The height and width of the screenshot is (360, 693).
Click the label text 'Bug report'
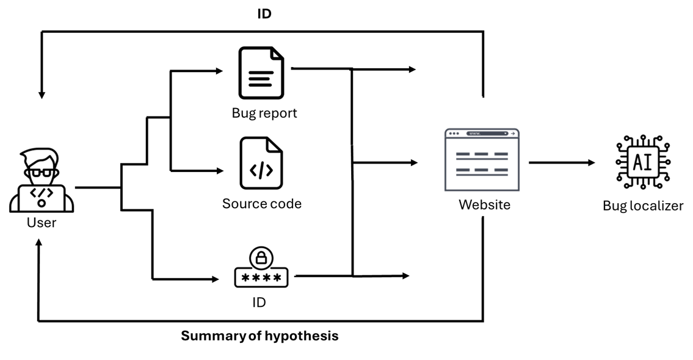(x=264, y=113)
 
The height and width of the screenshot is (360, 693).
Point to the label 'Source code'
(x=261, y=204)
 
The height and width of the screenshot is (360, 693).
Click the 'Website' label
(x=484, y=204)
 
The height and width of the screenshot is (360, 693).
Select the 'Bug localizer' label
(x=643, y=206)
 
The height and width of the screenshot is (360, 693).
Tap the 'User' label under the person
(x=42, y=223)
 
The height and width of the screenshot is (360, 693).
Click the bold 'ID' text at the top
(x=264, y=13)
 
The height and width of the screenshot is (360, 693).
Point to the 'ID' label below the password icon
(x=259, y=302)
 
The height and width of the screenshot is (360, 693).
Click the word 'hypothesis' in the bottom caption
(x=301, y=336)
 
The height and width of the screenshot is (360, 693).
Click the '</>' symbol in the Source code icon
(x=261, y=170)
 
